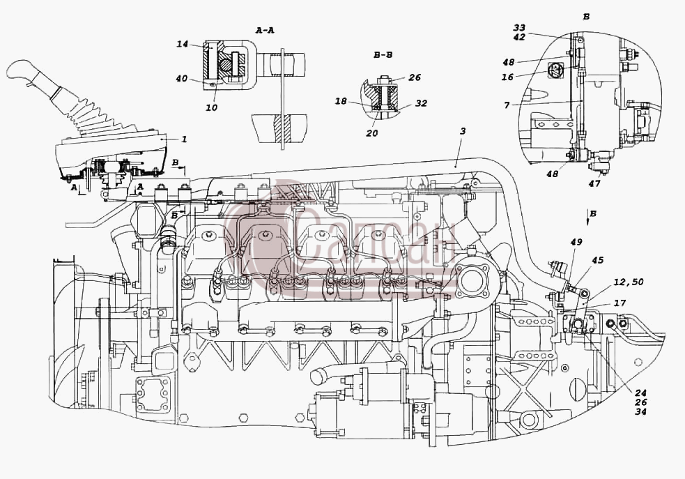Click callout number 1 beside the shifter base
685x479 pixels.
[x=185, y=139]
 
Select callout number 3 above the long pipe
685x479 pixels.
[x=463, y=131]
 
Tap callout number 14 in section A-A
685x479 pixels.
[x=182, y=44]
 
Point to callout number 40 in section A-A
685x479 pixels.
[x=182, y=79]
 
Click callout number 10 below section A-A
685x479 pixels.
[x=211, y=107]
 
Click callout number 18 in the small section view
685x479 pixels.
[x=341, y=101]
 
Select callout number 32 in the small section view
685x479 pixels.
[x=421, y=104]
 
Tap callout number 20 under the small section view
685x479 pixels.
[x=372, y=133]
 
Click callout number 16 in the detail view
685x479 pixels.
[x=507, y=77]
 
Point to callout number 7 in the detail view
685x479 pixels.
[x=507, y=105]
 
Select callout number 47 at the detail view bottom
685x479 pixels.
[x=594, y=183]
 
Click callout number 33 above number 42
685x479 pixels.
[x=519, y=28]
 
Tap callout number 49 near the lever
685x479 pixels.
[x=577, y=242]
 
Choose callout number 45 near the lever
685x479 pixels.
[x=597, y=261]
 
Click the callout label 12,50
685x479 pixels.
[x=629, y=282]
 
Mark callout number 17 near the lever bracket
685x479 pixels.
[x=620, y=303]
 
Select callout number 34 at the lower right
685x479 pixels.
[x=641, y=411]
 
